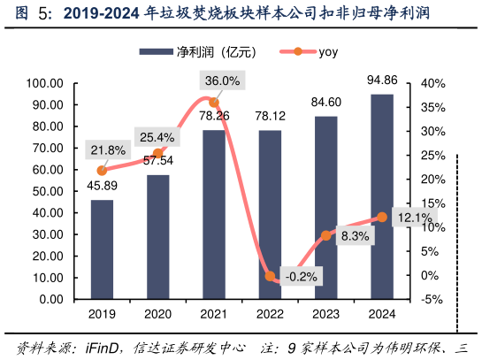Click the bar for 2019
(x=102, y=249)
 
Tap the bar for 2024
(x=382, y=196)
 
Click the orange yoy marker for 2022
(x=271, y=277)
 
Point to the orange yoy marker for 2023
(x=326, y=235)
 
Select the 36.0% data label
(x=222, y=81)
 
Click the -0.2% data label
(x=302, y=276)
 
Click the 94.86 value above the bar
(x=382, y=81)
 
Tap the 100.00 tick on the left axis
(x=44, y=84)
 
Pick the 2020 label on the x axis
(x=158, y=314)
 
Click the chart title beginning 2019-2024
(x=239, y=13)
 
